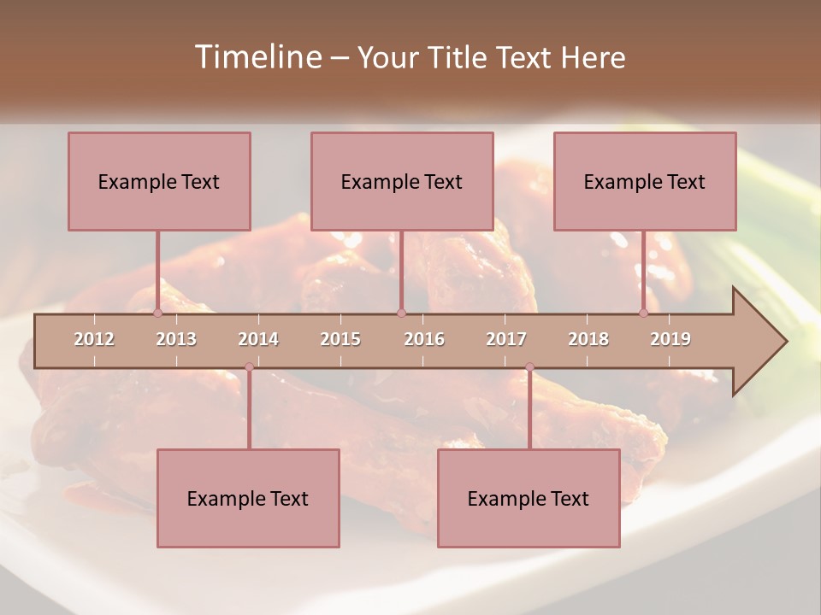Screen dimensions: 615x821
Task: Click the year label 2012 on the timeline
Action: (94, 339)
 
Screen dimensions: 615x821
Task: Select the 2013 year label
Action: (176, 339)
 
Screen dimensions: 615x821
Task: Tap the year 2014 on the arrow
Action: (258, 339)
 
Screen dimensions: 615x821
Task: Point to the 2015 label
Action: (340, 339)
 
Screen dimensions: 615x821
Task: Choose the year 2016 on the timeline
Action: (424, 339)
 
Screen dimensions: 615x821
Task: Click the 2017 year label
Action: (506, 339)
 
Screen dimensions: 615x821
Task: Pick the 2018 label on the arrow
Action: (588, 339)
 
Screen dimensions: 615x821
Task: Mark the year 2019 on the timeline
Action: (670, 339)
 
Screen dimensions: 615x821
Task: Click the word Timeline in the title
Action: (256, 57)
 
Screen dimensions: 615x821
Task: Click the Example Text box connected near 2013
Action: (159, 181)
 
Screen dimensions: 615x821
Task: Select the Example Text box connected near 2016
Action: (402, 181)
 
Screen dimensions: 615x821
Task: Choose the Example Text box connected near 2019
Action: (645, 181)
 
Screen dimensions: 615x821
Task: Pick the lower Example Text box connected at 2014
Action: (248, 498)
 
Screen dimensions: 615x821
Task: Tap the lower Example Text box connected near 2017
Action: (529, 498)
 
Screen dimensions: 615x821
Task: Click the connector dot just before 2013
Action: (157, 313)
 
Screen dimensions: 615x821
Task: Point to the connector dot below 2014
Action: (249, 367)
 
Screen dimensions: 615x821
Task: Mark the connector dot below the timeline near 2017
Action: (529, 367)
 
